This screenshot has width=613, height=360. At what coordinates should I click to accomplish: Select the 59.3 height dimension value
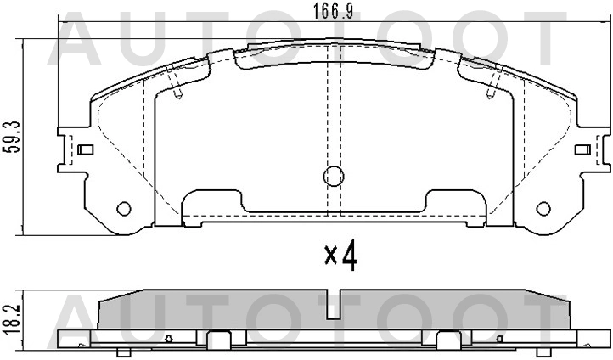click(x=9, y=135)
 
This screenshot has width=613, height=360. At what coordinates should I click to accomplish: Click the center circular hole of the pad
click(x=334, y=177)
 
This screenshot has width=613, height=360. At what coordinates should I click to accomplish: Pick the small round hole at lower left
click(x=124, y=208)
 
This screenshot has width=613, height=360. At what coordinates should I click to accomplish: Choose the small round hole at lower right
click(x=543, y=208)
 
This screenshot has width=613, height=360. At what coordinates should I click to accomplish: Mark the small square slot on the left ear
click(x=84, y=150)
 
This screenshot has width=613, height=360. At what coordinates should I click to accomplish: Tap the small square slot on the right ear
click(x=582, y=150)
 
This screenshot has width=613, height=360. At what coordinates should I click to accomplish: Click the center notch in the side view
click(x=339, y=301)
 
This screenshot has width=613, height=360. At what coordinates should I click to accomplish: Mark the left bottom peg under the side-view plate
click(x=124, y=352)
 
